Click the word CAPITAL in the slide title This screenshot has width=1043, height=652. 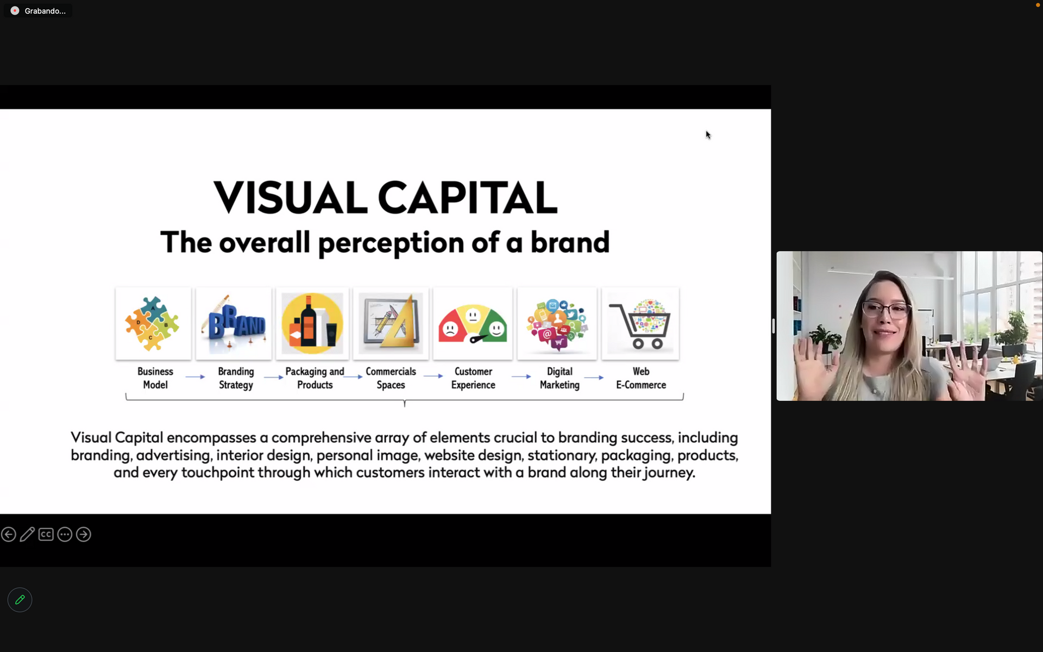tap(467, 197)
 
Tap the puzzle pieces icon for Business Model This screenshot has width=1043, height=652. tap(153, 323)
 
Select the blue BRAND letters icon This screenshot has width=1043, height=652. tap(234, 324)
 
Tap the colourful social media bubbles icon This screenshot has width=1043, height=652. tap(557, 324)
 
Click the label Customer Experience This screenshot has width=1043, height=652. tap(473, 378)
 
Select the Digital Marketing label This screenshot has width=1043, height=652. tap(560, 378)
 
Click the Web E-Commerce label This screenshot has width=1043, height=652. tap(641, 378)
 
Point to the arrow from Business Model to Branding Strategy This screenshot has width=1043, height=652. tap(195, 377)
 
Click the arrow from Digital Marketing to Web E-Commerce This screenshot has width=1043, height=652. tap(594, 377)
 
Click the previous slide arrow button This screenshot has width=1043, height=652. tap(9, 535)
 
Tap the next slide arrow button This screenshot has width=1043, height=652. tap(84, 535)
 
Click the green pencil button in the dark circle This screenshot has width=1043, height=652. tap(20, 600)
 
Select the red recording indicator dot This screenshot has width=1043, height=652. tap(15, 11)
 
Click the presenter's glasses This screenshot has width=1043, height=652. tap(885, 310)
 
